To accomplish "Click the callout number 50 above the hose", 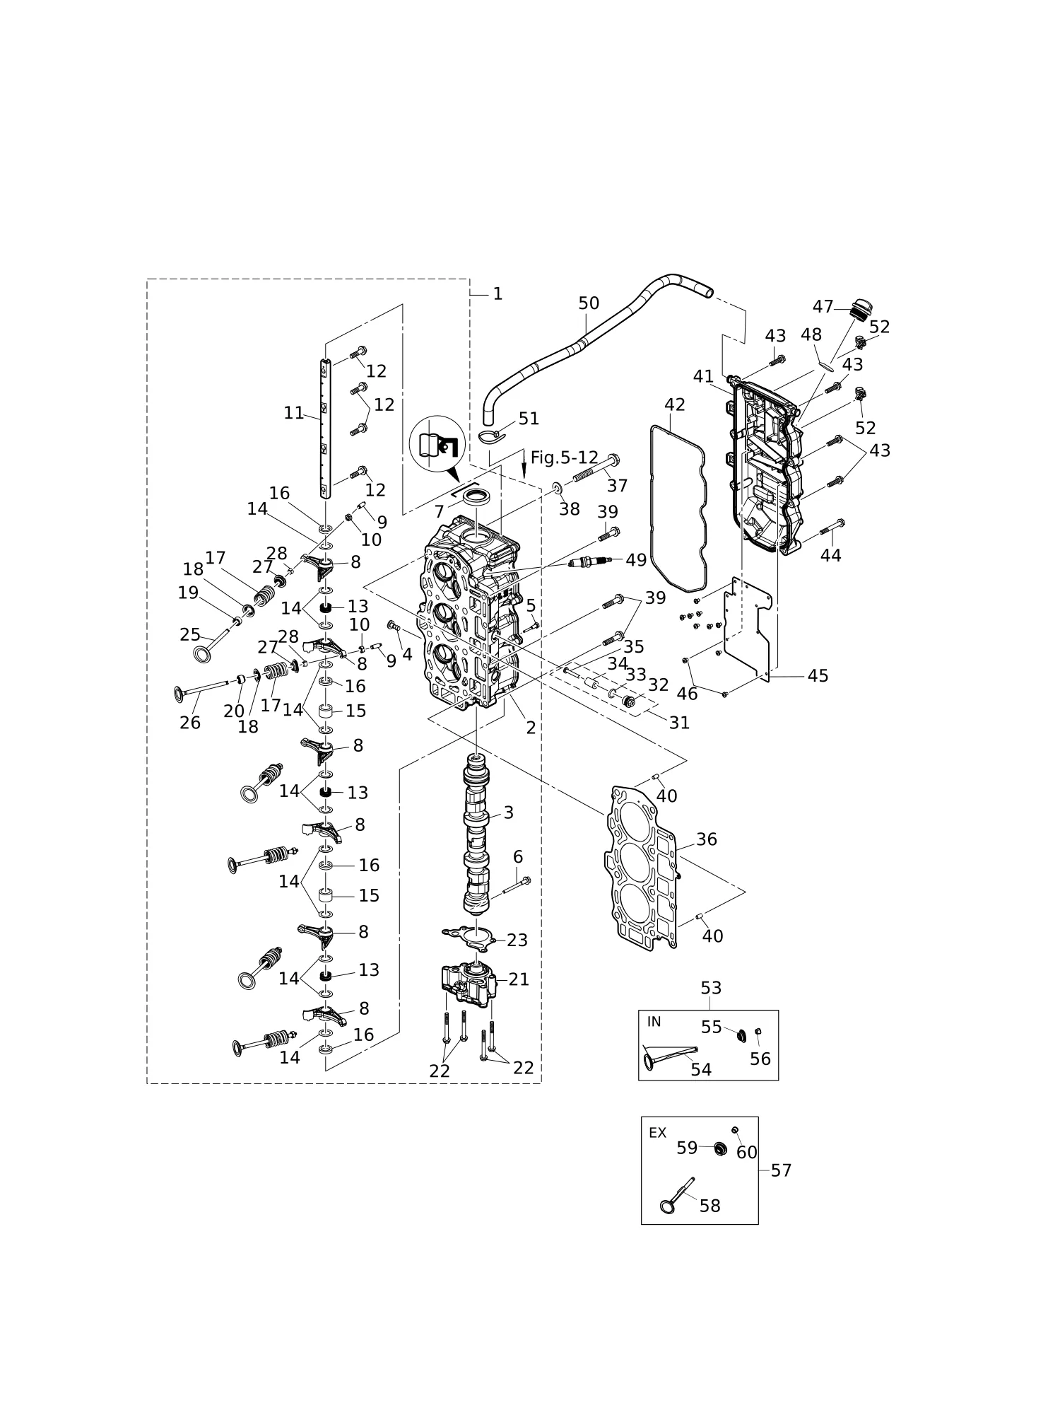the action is coord(589,303).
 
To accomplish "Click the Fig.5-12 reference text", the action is coord(564,458).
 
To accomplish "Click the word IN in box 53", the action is coord(654,1022).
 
